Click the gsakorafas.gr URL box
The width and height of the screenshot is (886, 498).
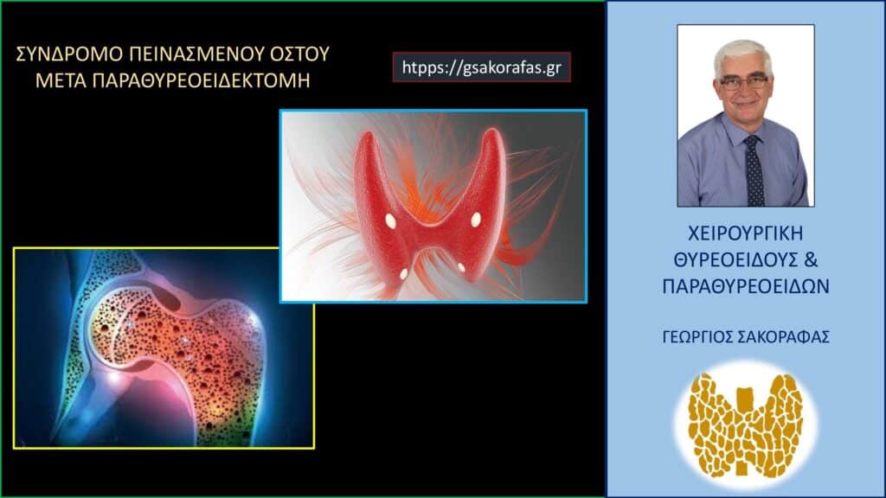point(482,67)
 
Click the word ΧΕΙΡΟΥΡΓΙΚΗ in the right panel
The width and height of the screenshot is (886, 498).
point(745,234)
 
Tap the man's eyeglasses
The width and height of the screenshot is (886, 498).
point(744,83)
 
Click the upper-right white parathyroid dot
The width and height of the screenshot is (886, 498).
point(476,220)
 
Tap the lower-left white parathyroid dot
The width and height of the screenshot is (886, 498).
point(403,273)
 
